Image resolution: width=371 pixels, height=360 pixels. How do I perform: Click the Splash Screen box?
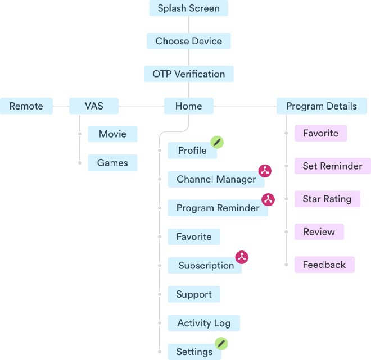click(188, 8)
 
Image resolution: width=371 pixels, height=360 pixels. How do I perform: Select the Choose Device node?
click(188, 41)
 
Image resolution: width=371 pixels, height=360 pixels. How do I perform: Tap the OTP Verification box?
click(188, 74)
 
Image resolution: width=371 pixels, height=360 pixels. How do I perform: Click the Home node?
click(188, 106)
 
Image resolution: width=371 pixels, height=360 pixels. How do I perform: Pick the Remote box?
click(26, 106)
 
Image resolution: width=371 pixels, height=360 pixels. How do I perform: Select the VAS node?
click(94, 106)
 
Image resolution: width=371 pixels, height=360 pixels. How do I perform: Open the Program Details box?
click(321, 106)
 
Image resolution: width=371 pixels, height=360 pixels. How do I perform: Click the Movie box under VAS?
click(112, 134)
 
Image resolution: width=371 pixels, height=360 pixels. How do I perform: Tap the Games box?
click(112, 163)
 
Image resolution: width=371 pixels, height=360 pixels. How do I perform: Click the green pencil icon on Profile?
click(216, 142)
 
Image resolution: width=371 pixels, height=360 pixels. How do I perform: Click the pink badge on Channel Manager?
click(265, 171)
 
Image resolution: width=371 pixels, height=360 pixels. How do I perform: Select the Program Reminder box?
click(218, 208)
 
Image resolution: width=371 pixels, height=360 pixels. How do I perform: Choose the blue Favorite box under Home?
click(193, 236)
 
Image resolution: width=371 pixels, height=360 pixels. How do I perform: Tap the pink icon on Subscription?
click(242, 257)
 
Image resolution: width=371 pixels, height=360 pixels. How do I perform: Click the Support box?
click(193, 294)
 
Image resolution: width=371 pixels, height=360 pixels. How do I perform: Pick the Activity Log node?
click(203, 323)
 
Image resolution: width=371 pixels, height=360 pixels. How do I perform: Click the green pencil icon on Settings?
click(221, 343)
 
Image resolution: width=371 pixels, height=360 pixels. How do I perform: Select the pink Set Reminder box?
click(332, 166)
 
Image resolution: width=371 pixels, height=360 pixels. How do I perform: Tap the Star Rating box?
click(327, 199)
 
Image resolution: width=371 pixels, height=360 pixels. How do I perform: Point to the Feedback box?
click(324, 265)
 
